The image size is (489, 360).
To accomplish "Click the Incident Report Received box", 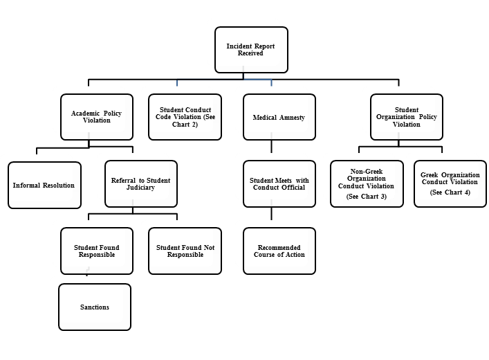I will coord(250,50).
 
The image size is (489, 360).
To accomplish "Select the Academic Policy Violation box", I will coord(96,117).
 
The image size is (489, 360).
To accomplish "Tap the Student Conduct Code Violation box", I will coord(185,117).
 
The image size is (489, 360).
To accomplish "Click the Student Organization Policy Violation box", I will coord(406,117).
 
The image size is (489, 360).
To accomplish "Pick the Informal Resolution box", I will coord(44,185).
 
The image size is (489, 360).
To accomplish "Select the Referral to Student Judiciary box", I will coord(140,184).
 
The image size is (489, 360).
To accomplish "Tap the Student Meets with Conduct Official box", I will coord(279,184).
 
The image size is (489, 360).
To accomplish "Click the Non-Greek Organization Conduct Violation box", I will coord(366,184).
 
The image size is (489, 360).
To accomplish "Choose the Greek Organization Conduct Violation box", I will coord(450,184).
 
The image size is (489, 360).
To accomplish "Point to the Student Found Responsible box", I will coord(96,251).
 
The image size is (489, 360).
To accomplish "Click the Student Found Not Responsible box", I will coord(185,251).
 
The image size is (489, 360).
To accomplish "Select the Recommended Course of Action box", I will coord(279,251).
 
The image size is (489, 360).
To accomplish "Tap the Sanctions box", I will coord(94,307).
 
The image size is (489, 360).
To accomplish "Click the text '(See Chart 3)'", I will coord(366,197).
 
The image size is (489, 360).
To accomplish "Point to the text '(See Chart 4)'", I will coord(450,192).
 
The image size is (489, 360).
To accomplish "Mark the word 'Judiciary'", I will coord(140,188).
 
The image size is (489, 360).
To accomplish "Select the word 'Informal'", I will coord(28,186).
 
